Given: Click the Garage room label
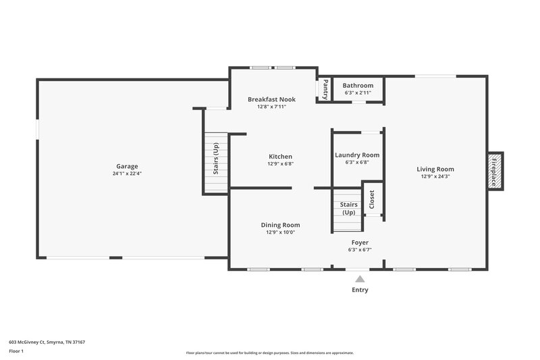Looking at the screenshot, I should [127, 166].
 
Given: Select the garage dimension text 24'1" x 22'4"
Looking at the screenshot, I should [127, 174].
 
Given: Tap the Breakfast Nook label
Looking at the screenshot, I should [271, 99].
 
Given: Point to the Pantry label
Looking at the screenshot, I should [325, 89].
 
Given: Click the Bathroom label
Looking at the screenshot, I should [358, 86].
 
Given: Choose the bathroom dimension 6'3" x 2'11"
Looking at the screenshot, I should [358, 93].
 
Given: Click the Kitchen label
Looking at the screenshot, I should [280, 157].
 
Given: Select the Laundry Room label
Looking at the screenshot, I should [357, 155].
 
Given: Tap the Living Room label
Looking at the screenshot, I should [435, 170].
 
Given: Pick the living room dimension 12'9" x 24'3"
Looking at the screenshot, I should [435, 177].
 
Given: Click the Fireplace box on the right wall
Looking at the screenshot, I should [494, 171].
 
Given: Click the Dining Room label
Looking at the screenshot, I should [280, 225].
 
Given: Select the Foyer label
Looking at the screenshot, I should [360, 242].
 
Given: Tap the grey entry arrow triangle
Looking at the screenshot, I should [360, 278].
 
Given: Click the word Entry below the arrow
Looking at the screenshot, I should [360, 290].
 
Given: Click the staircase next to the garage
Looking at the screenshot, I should [216, 162].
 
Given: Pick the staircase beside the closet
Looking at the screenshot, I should [347, 212].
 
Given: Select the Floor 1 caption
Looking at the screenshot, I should [16, 351].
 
